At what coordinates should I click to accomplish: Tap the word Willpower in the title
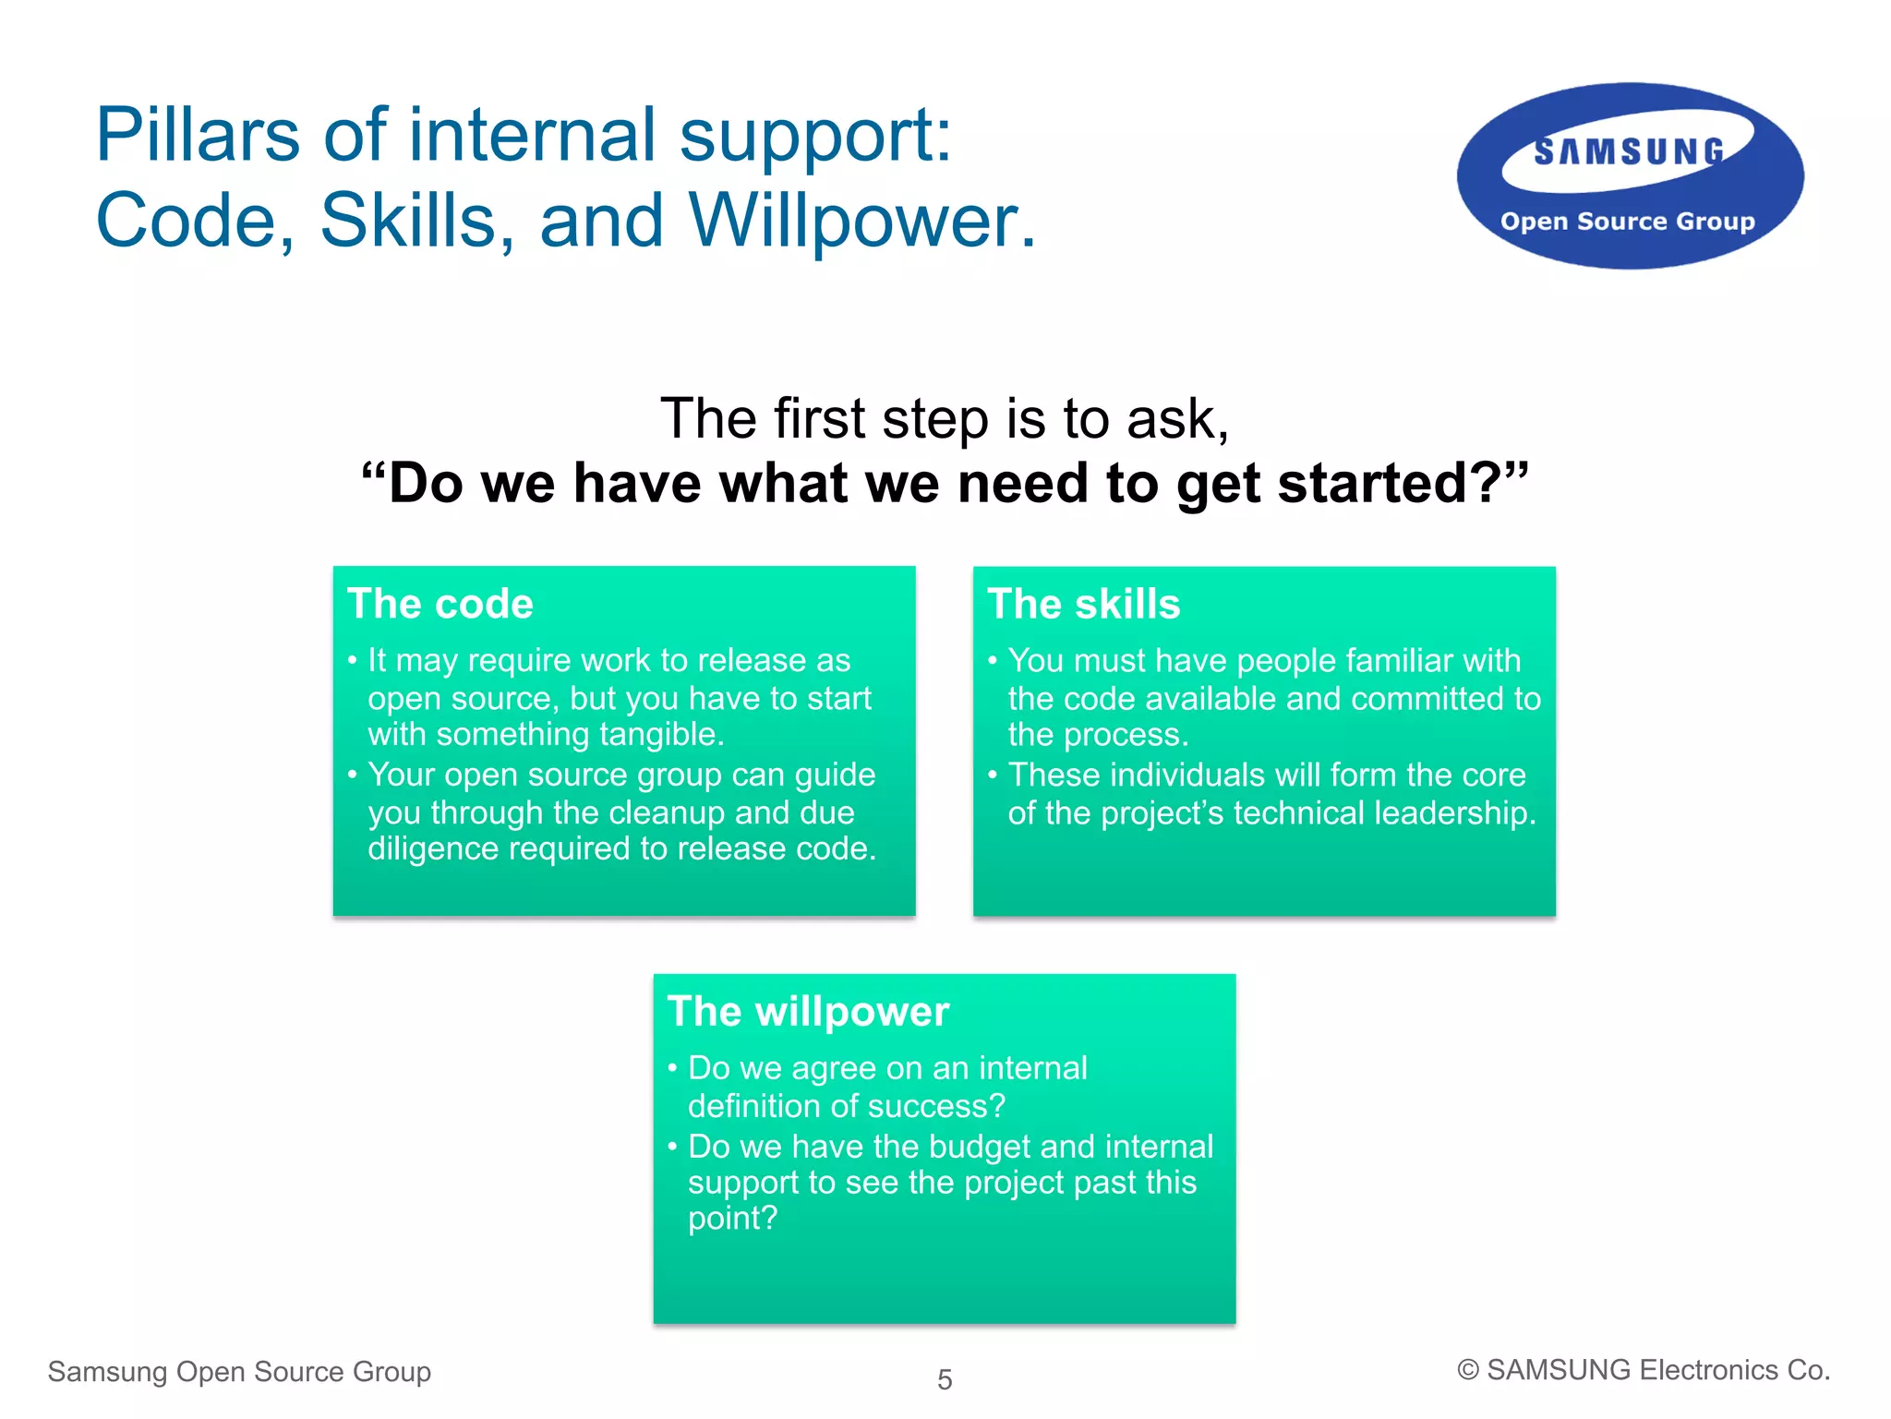coord(861,221)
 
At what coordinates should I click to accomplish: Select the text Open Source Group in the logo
coord(1627,222)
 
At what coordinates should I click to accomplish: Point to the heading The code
coord(440,604)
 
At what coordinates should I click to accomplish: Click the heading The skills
coord(1083,604)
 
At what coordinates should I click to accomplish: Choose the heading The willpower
coord(808,1012)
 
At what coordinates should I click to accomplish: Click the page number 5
coord(945,1379)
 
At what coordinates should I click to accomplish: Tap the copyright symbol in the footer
coord(1467,1370)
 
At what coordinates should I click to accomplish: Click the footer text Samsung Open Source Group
coord(239,1372)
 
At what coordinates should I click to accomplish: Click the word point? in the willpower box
coord(732,1219)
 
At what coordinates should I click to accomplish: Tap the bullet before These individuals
coord(993,775)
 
